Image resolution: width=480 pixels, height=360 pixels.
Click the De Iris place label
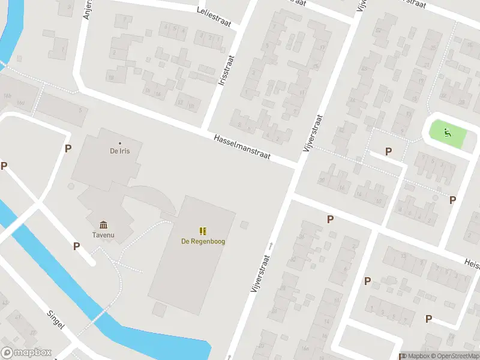point(119,151)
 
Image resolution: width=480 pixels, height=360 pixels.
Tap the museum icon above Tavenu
point(104,225)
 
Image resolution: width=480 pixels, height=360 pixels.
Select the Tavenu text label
point(104,235)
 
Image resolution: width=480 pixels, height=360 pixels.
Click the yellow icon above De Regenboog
point(203,231)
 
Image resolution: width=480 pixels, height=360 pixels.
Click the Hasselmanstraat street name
point(242,147)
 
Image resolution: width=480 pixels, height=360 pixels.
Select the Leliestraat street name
point(214,13)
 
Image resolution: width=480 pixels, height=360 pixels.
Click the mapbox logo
point(26,353)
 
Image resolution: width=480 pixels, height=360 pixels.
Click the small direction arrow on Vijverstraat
point(271,245)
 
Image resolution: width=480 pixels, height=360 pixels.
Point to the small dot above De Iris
point(119,143)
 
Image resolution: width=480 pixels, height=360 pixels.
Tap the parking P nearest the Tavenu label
point(76,246)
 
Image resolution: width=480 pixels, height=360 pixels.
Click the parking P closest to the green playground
point(389,152)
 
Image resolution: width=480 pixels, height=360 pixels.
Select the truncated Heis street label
point(471,262)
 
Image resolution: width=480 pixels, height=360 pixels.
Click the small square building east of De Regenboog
point(244,225)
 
